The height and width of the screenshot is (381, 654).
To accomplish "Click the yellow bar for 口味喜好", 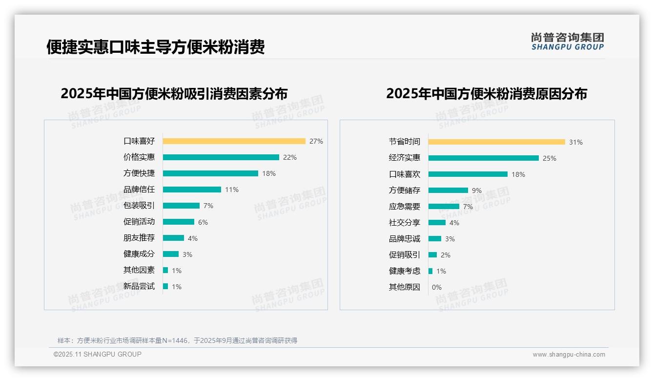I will (234, 141).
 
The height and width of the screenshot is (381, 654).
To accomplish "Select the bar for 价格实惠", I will (221, 157).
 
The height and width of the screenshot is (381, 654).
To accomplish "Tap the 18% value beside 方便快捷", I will (269, 173).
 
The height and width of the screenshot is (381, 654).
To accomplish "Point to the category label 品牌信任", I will (139, 190).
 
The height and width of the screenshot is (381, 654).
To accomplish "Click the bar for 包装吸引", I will (181, 206).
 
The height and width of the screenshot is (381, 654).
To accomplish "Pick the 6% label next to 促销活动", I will (203, 222).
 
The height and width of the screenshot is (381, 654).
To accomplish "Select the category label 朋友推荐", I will (139, 238).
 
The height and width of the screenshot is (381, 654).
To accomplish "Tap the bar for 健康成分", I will (171, 254).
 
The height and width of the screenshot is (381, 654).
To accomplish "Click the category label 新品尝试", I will (139, 286).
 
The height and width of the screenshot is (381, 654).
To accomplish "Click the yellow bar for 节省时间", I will (496, 142).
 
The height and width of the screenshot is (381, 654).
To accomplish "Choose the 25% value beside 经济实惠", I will (550, 158).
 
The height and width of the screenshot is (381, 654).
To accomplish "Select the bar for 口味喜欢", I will (468, 174).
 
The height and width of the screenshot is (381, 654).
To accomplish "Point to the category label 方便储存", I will (405, 190).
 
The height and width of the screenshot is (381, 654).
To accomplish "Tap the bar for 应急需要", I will (444, 207).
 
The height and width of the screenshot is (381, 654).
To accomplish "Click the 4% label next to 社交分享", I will (454, 223).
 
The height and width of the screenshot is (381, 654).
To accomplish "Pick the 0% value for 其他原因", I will (437, 287).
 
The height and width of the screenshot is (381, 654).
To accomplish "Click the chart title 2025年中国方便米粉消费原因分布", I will (487, 94).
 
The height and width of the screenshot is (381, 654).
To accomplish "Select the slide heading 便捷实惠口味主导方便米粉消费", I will (156, 47).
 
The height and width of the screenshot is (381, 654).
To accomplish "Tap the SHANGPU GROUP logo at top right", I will (567, 42).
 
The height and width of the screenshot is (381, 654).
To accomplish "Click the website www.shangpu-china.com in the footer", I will (569, 355).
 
